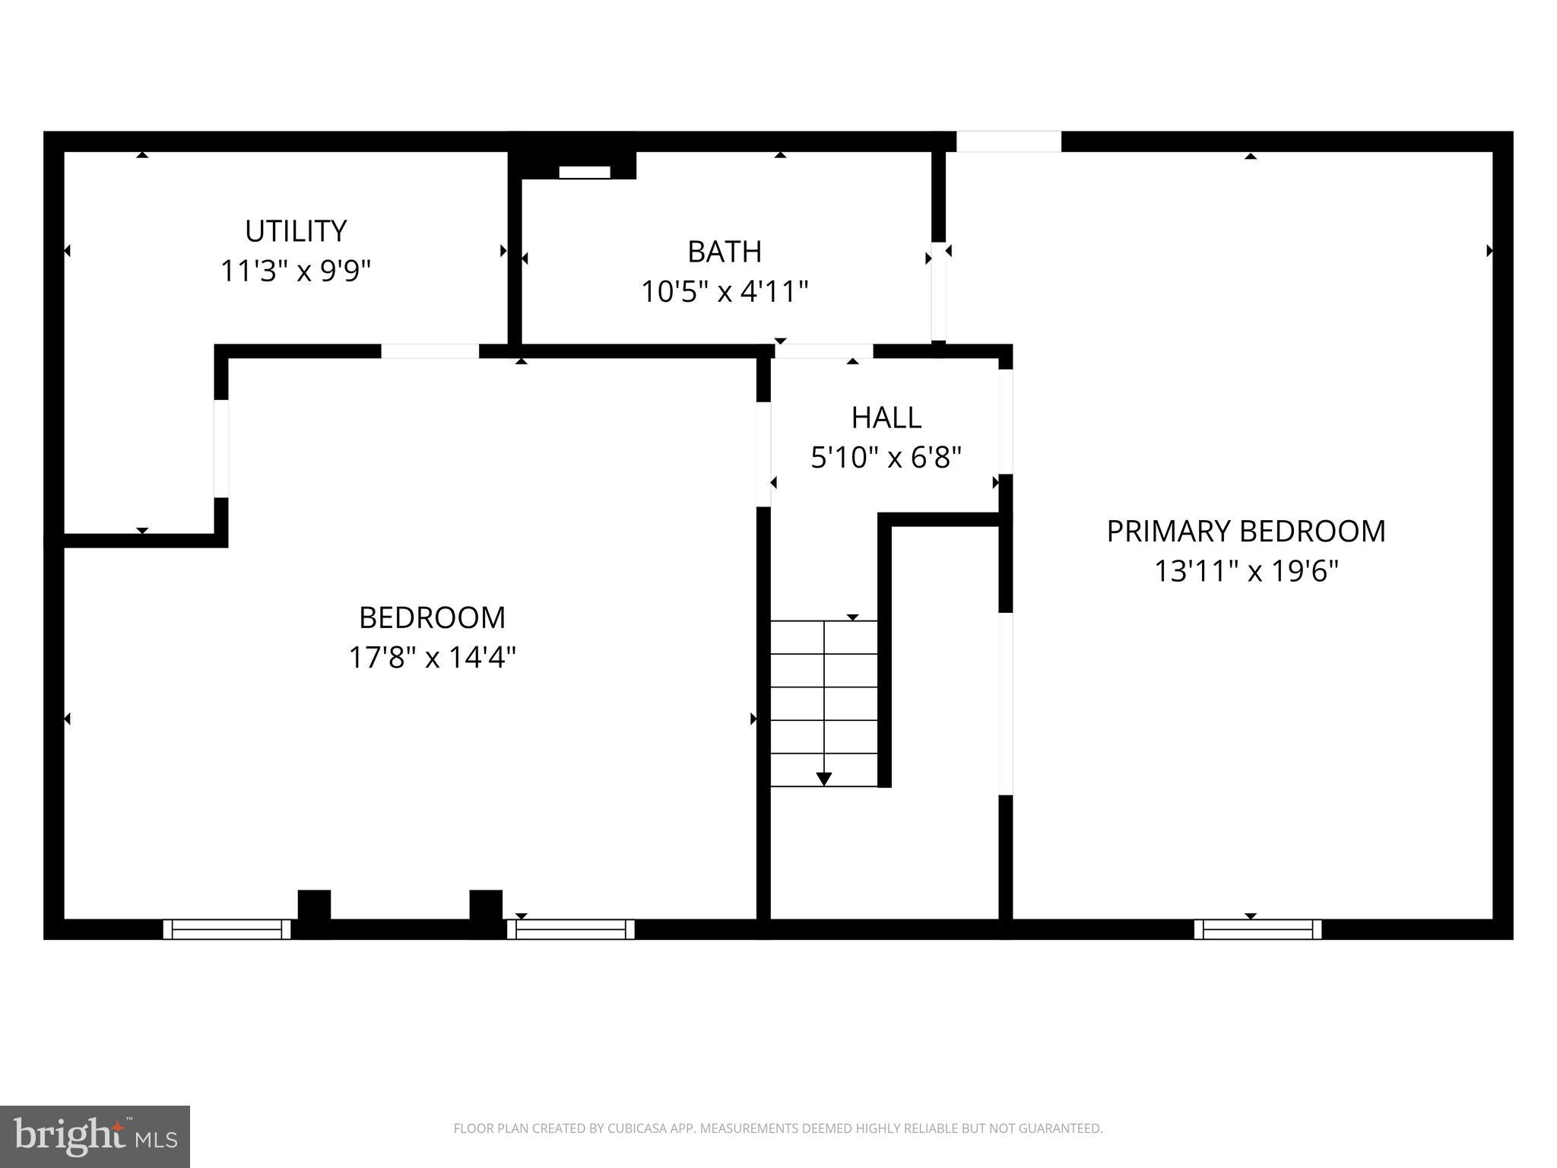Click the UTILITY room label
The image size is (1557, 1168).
point(296,230)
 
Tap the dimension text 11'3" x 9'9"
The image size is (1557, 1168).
point(296,271)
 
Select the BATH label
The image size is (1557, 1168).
point(724,252)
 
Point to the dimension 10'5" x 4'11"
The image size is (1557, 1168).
point(724,291)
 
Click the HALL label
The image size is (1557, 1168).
point(886,417)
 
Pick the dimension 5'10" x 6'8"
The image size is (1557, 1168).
point(886,458)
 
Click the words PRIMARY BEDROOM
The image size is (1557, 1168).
point(1245,532)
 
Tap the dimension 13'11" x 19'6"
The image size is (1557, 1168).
point(1245,571)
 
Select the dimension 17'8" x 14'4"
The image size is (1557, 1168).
point(432,657)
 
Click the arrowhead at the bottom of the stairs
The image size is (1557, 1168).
point(823,779)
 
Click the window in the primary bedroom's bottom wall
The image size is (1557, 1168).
point(1257,929)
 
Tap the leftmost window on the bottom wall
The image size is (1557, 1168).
point(227,929)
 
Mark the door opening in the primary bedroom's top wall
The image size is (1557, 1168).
point(1008,141)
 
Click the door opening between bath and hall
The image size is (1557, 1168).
point(823,351)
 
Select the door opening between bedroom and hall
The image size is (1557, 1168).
point(763,454)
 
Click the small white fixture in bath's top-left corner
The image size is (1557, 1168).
point(584,173)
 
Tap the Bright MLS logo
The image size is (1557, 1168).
point(95,1136)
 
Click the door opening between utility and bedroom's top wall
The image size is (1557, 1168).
point(430,351)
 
